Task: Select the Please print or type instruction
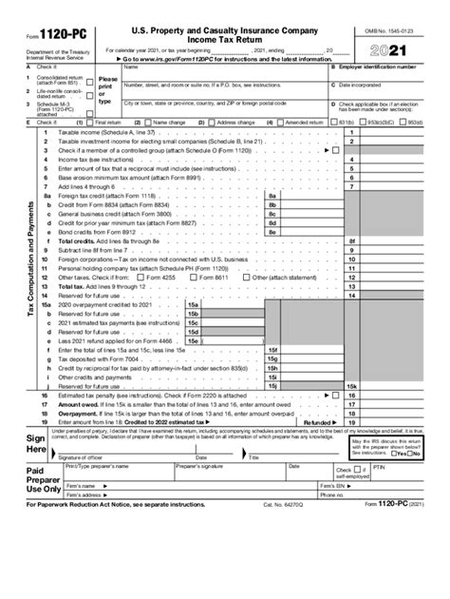[x=108, y=90]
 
